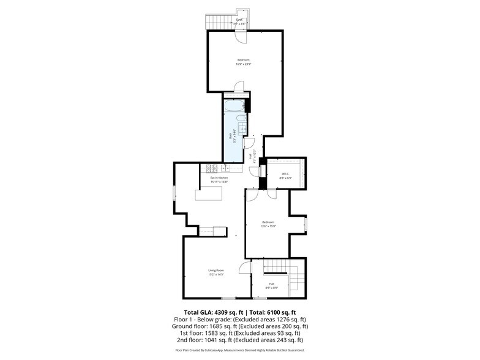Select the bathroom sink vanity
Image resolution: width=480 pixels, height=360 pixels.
tap(242, 128)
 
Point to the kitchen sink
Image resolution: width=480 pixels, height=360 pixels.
tap(226, 168)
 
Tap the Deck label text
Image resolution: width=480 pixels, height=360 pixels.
tap(239, 20)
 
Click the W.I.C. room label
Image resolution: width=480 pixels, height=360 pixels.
tap(285, 174)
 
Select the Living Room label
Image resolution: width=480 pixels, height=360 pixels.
tap(216, 270)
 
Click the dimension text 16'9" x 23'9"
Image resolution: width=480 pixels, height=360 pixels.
tap(244, 64)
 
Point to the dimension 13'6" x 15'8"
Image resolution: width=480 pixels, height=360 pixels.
tap(269, 226)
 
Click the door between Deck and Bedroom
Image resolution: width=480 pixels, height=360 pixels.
tap(243, 36)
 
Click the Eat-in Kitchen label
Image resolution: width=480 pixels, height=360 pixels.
tap(219, 178)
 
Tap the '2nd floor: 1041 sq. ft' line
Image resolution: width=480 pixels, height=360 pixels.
tap(239, 340)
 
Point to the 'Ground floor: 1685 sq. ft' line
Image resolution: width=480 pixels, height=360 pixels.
tap(239, 326)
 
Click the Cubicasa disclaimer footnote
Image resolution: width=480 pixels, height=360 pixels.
tap(239, 350)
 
